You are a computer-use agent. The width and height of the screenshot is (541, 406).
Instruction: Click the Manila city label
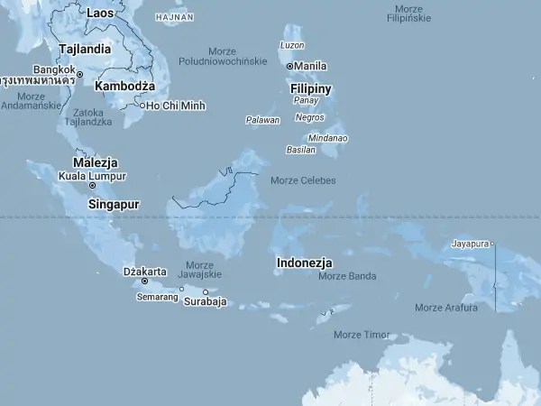[x=311, y=66]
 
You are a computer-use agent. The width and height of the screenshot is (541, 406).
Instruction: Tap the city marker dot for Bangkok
[x=79, y=74]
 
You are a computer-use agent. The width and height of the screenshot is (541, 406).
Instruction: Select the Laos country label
[x=99, y=13]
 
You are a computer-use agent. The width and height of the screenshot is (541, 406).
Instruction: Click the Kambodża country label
[x=125, y=86]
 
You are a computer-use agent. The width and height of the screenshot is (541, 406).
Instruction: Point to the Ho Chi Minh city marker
[x=142, y=106]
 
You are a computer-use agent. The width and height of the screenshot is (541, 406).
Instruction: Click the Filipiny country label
[x=311, y=88]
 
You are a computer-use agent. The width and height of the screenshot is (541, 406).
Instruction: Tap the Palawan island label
[x=262, y=120]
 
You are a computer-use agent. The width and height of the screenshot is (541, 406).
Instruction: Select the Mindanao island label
[x=328, y=138]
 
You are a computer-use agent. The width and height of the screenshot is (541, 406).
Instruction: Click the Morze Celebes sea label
[x=303, y=180]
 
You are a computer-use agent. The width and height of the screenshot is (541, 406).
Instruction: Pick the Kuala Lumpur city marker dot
[x=92, y=185]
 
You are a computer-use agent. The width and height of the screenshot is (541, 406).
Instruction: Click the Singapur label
[x=114, y=205]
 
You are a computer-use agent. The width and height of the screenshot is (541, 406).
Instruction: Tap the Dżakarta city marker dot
[x=144, y=281]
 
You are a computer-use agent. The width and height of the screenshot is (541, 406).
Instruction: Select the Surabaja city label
[x=205, y=302]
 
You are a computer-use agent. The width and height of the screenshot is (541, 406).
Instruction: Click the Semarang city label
[x=157, y=296]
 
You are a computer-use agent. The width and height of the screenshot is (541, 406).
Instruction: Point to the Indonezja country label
[x=305, y=263]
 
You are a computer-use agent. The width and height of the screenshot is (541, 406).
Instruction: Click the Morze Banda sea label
[x=347, y=276]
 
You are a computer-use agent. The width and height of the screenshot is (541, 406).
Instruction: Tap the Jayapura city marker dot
[x=492, y=244]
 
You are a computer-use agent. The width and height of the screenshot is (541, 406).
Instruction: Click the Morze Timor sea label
[x=362, y=335]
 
